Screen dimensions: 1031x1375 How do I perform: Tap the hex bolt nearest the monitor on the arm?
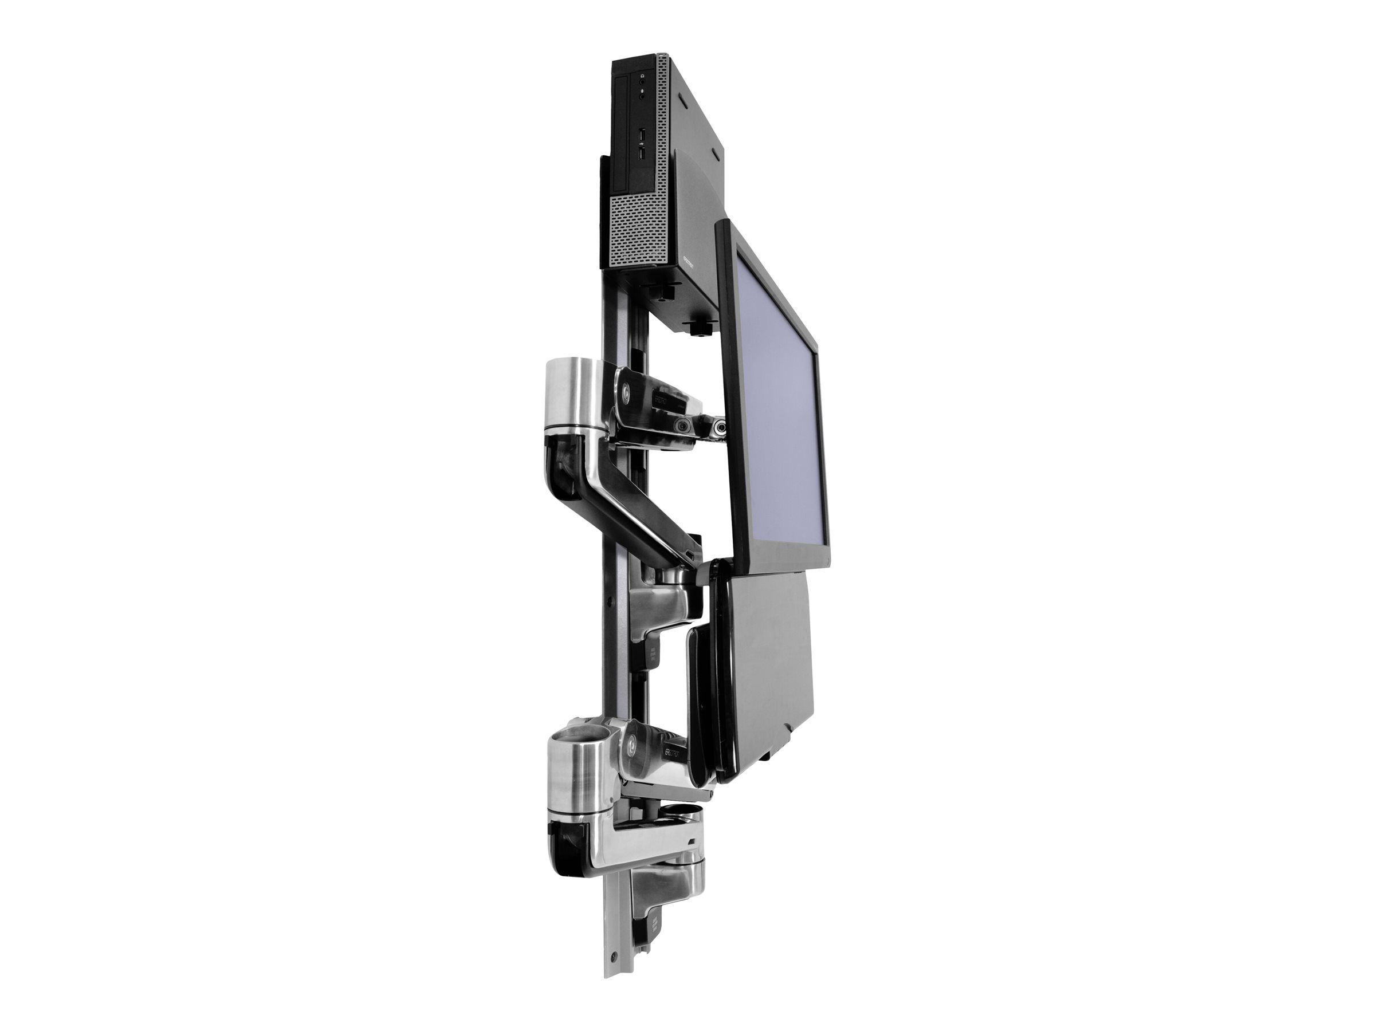pos(721,427)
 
